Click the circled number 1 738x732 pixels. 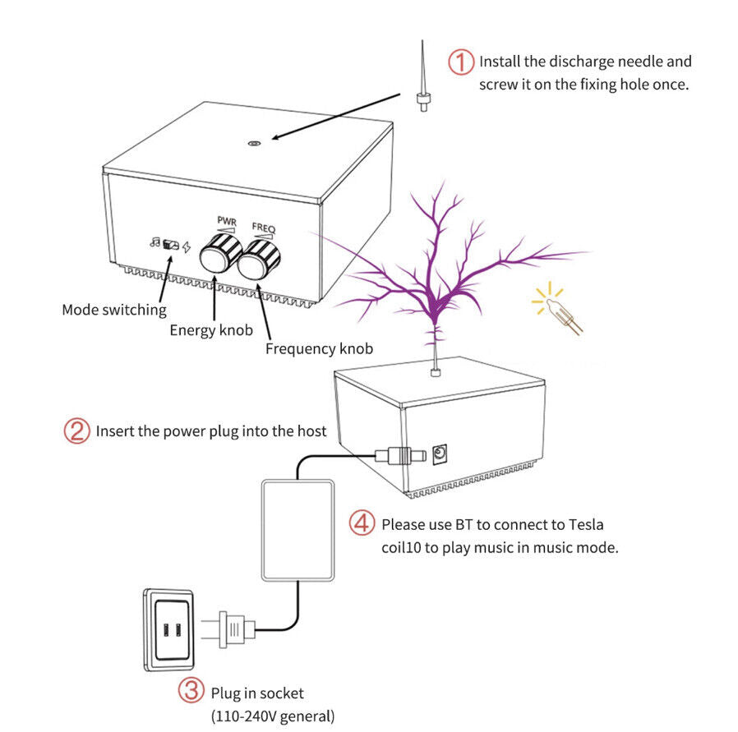461,62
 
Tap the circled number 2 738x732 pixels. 76,430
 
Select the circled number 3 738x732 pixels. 191,693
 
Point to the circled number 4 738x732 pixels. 362,523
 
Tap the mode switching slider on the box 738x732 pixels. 171,244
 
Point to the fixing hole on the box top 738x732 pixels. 254,143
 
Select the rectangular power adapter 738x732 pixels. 297,530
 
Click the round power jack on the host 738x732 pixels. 440,453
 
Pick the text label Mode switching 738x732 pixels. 114,310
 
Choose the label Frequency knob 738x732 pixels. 319,349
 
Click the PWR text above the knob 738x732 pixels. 226,220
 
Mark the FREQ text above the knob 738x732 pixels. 265,227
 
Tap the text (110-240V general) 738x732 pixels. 273,716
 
